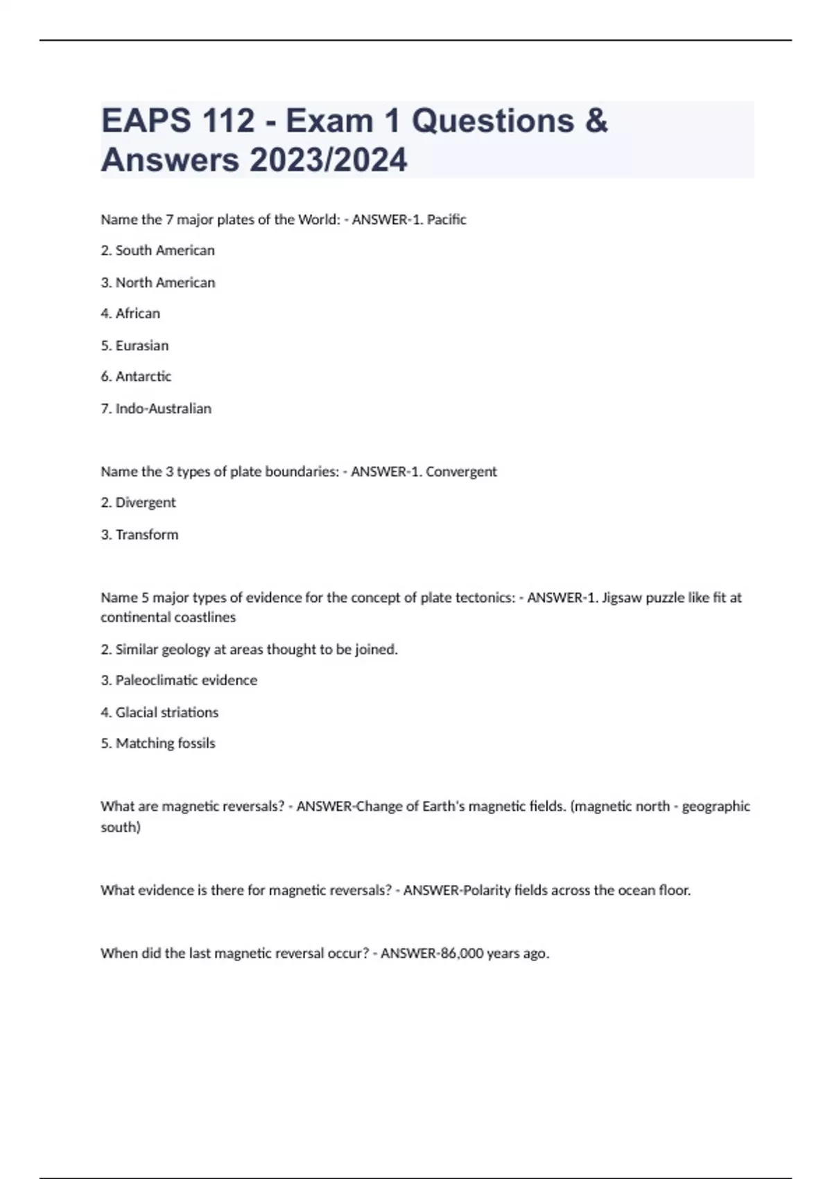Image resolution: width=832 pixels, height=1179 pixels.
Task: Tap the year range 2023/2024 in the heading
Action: (x=329, y=160)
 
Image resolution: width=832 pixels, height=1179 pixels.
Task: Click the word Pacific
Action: (x=447, y=220)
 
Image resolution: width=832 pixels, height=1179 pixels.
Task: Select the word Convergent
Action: (x=461, y=472)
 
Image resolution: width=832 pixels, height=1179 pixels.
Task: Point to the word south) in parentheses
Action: (x=121, y=827)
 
